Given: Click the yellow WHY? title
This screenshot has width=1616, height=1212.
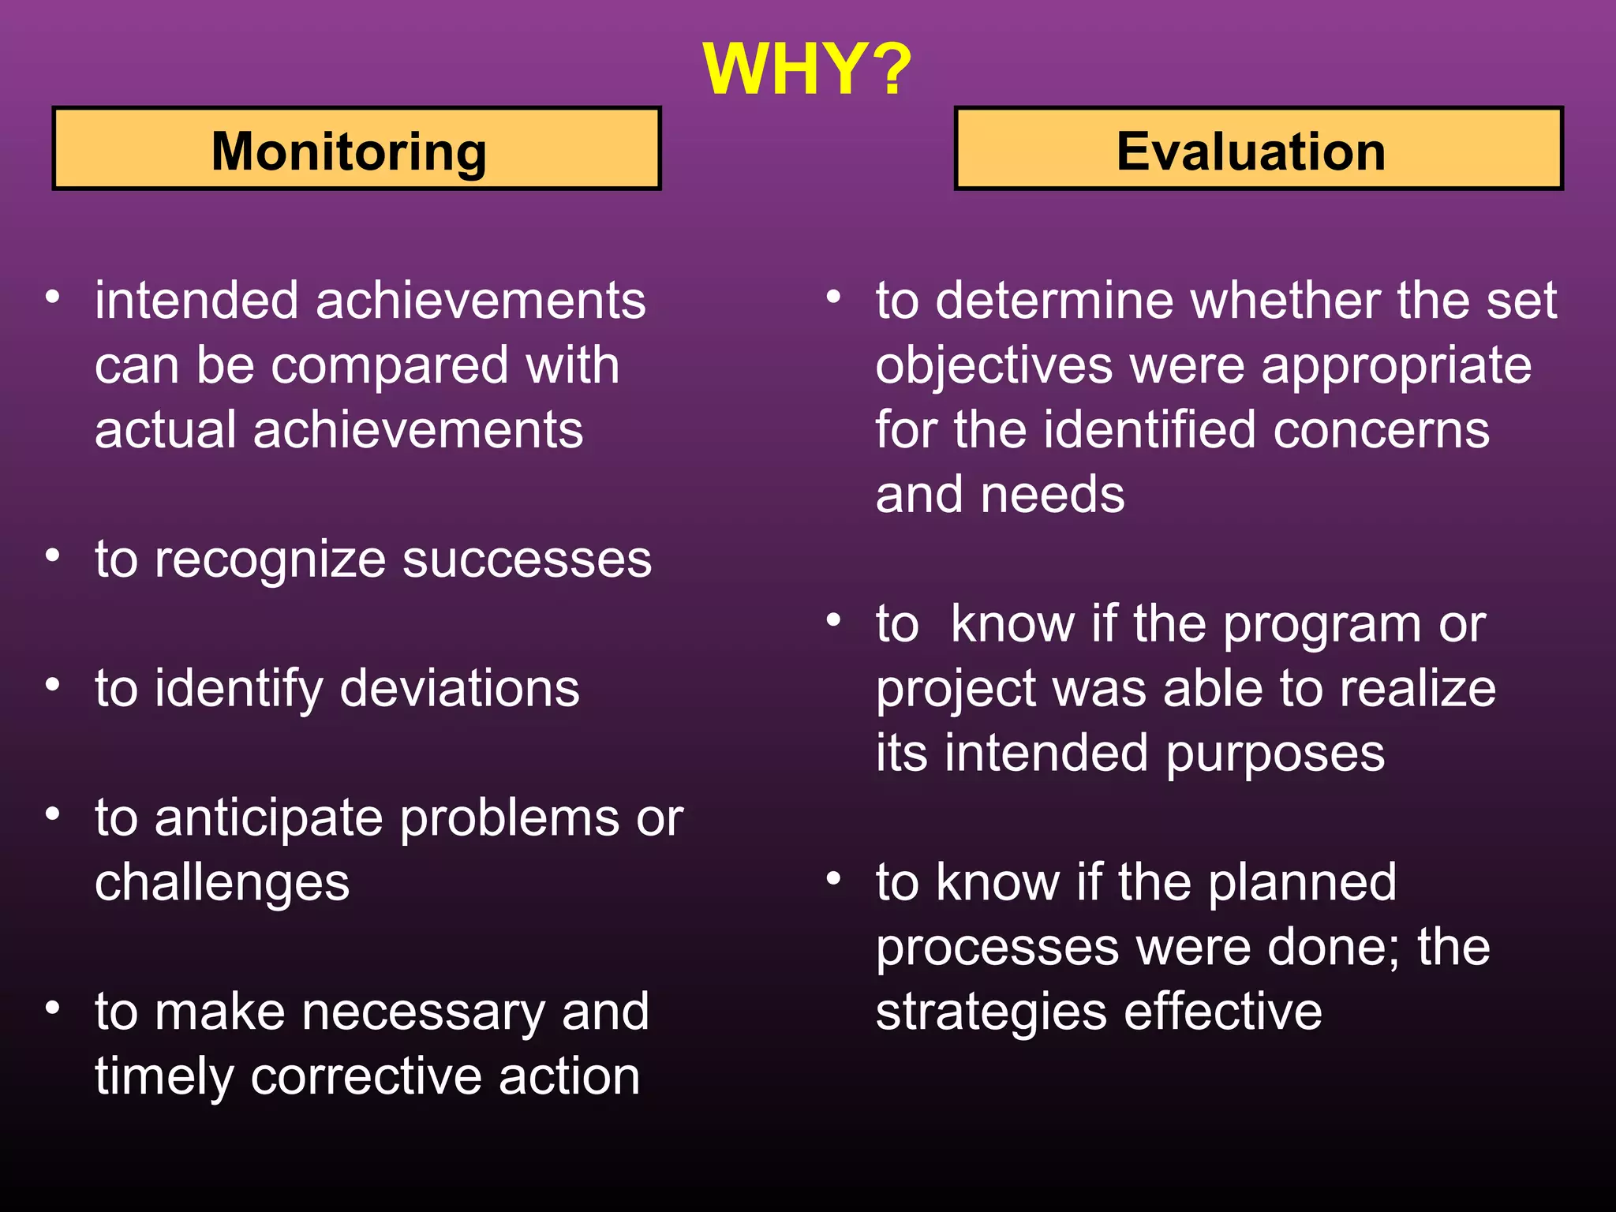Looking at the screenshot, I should point(806,69).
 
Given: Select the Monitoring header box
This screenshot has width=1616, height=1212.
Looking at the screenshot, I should point(356,149).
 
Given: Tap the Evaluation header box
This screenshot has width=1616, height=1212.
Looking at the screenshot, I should point(1258,149).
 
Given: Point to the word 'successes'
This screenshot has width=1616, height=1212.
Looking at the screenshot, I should point(527,560).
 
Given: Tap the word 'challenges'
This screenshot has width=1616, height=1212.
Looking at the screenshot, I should point(222,884).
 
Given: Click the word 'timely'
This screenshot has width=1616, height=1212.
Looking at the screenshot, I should point(163,1078).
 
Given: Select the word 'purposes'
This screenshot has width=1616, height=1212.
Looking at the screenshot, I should point(1274,754).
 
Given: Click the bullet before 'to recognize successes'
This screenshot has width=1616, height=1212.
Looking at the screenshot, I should point(53,555).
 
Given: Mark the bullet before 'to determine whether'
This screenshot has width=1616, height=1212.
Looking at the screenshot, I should point(834,297).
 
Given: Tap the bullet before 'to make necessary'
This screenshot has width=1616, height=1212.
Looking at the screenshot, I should point(53,1008).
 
